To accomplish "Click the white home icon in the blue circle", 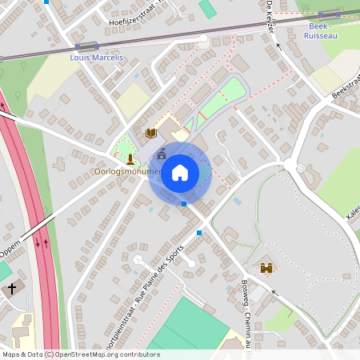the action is tap(180, 173).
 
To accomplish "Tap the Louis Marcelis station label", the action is tap(97, 58).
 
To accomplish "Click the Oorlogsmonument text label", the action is tap(128, 171).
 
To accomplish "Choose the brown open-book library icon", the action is tap(150, 132).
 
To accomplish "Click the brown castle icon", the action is tap(266, 269).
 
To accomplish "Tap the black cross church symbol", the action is tap(11, 290).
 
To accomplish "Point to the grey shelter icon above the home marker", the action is tap(162, 152).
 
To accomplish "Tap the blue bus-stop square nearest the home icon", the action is tap(184, 204).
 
